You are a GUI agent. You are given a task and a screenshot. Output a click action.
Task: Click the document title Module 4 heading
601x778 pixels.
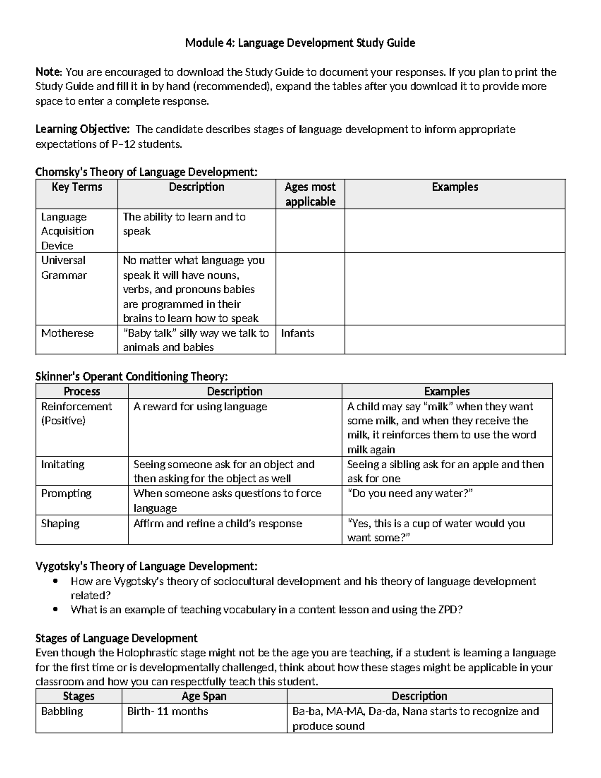tap(300, 43)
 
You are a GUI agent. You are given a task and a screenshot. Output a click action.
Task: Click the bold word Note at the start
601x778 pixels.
tap(48, 72)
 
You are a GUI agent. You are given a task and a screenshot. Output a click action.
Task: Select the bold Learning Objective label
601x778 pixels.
tap(82, 129)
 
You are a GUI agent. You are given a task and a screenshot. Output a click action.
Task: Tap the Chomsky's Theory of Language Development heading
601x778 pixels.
tap(146, 172)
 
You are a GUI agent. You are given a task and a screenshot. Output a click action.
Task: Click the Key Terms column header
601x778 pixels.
tap(77, 187)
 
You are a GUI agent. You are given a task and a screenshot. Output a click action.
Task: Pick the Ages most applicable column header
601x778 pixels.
tap(310, 194)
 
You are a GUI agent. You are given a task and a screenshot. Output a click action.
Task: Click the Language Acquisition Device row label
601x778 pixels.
tap(67, 231)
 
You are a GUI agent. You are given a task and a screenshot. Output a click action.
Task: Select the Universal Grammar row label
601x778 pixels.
tap(64, 268)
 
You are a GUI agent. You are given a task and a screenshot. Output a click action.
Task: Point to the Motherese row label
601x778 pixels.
tap(67, 333)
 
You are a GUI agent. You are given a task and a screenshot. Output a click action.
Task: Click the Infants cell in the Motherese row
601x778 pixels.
tap(298, 333)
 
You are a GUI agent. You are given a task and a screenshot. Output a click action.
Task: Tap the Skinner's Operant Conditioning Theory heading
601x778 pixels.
tap(132, 376)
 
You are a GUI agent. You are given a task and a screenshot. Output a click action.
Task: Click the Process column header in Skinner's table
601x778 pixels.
tap(82, 391)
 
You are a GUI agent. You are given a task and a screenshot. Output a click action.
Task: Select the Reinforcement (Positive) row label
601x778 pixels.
tap(76, 413)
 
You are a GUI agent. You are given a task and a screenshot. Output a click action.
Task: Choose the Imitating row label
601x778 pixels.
tap(63, 464)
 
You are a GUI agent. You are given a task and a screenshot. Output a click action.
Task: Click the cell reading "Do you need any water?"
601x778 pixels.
tap(410, 494)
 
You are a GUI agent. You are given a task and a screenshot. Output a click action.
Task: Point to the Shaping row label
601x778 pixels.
tap(60, 523)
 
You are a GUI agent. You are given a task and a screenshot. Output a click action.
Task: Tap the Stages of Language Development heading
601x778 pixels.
tap(116, 638)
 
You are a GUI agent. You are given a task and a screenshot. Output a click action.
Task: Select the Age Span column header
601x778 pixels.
tap(204, 696)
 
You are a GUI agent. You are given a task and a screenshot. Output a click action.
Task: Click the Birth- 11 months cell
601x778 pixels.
tap(167, 711)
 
